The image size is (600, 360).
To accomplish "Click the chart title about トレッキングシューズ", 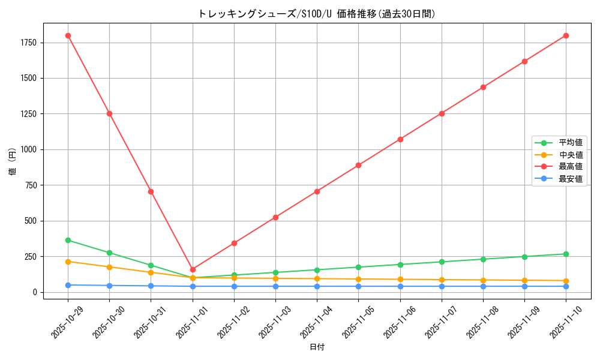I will (317, 13).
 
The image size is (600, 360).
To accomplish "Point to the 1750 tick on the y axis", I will (28, 43).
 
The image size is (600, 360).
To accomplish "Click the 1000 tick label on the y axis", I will (28, 149).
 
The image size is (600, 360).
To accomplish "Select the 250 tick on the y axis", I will (31, 257).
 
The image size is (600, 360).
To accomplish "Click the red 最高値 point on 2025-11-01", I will (193, 269).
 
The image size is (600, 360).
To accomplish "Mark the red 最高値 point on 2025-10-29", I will (68, 35).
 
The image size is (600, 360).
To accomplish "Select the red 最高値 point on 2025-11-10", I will (566, 35).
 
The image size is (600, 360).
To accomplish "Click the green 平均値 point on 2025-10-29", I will (68, 240).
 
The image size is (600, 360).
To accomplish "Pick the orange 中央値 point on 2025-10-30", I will (109, 267).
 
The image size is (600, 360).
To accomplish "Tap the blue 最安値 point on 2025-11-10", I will (566, 286).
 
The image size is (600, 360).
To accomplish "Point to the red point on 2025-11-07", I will (442, 113).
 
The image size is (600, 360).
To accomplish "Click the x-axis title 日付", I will (317, 347).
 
